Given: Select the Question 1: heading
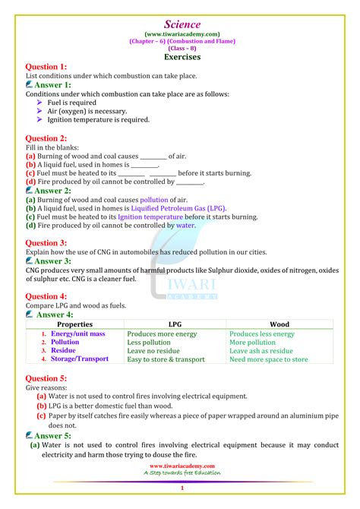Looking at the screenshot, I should point(46,67).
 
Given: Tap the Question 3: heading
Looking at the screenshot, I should point(46,243).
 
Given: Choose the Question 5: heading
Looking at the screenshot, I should point(46,378).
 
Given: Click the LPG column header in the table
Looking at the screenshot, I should point(175,324).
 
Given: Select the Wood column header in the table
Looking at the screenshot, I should point(279,324).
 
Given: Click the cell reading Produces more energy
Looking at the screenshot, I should point(162,334).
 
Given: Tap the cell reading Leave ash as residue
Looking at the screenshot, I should point(261,351).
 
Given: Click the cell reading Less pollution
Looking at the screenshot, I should point(150,343).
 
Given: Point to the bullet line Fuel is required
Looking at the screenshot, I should point(72,102).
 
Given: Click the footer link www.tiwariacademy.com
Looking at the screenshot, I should point(182,466).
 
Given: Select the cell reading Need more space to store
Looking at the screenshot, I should point(269,359).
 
